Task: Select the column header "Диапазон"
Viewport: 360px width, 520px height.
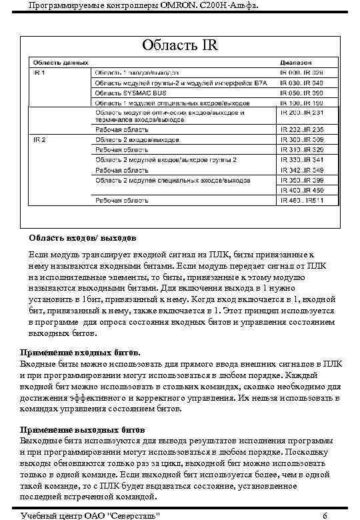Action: pos(296,62)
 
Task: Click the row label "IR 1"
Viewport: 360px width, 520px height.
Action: pos(39,72)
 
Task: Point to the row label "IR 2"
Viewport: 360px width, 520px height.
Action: pos(39,140)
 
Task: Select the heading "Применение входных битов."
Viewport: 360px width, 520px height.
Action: pos(81,351)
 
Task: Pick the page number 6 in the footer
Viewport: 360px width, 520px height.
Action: pos(324,515)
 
